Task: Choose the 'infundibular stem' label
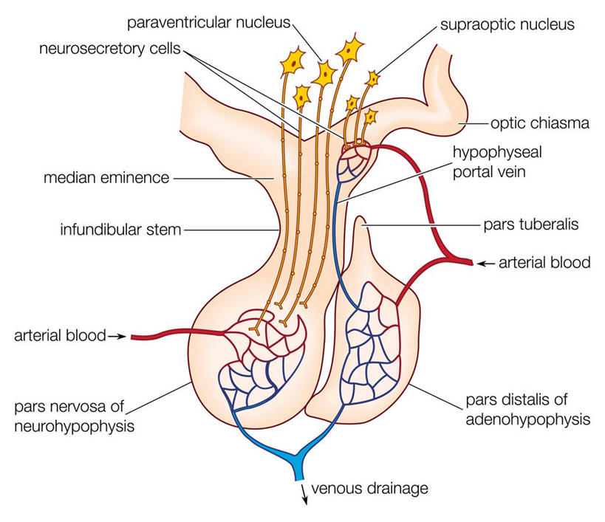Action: (x=121, y=229)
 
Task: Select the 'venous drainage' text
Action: (x=369, y=488)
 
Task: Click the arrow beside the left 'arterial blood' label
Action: (x=117, y=337)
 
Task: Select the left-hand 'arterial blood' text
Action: (x=59, y=337)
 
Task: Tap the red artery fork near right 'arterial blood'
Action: (x=445, y=258)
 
